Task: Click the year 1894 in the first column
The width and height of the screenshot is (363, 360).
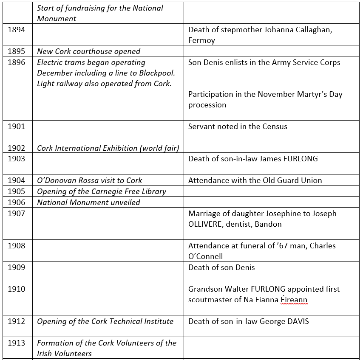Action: [16, 30]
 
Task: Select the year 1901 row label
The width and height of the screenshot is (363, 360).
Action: [16, 127]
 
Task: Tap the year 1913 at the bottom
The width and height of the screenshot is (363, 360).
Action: [16, 343]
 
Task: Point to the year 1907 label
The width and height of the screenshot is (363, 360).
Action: [16, 213]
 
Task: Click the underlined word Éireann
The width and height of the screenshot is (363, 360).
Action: [293, 300]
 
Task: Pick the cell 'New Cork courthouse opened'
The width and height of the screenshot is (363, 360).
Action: [88, 51]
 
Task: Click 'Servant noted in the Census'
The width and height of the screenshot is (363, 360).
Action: [238, 127]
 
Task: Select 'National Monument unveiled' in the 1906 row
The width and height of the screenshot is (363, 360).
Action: [88, 202]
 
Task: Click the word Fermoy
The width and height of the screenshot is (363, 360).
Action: [201, 41]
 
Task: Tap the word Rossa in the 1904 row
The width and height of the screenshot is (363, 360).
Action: [88, 180]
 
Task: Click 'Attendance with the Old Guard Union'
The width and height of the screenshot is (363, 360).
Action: [255, 180]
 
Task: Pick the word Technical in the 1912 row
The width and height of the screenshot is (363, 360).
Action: [126, 321]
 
